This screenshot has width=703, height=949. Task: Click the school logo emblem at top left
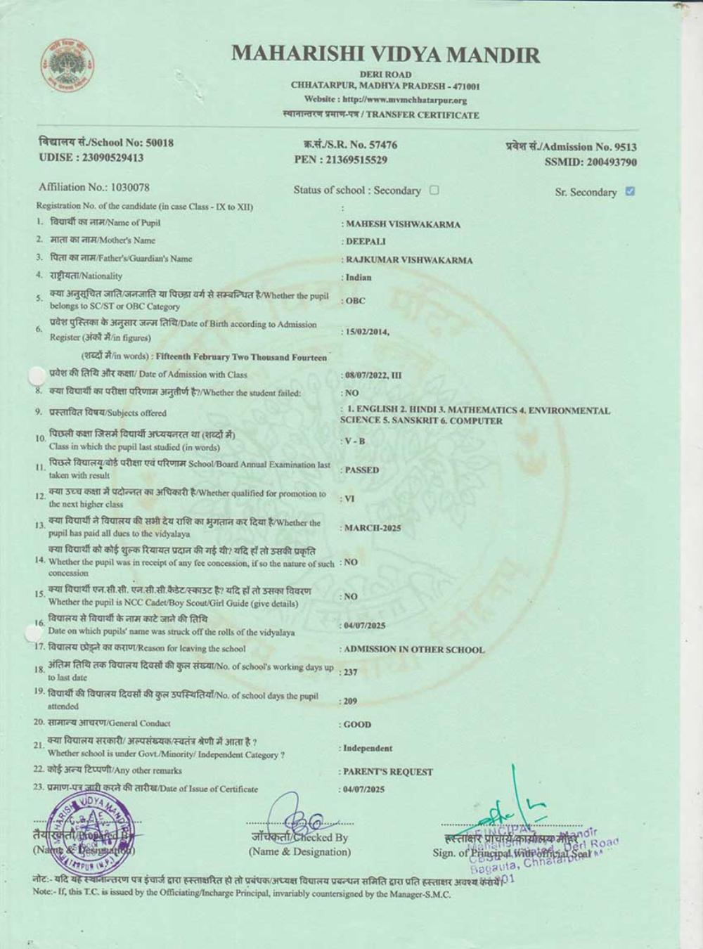tap(67, 67)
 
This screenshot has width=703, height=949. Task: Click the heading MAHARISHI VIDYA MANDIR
tap(386, 54)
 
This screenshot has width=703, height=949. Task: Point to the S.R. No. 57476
tap(380, 145)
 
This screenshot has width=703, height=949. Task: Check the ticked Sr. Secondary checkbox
tap(630, 191)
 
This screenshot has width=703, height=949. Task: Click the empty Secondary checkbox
tap(434, 190)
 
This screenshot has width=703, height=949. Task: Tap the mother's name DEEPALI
tap(366, 241)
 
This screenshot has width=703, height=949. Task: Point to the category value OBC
tap(355, 301)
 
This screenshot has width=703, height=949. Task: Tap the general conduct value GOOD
tap(358, 724)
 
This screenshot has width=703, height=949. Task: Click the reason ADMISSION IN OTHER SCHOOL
tap(414, 650)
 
